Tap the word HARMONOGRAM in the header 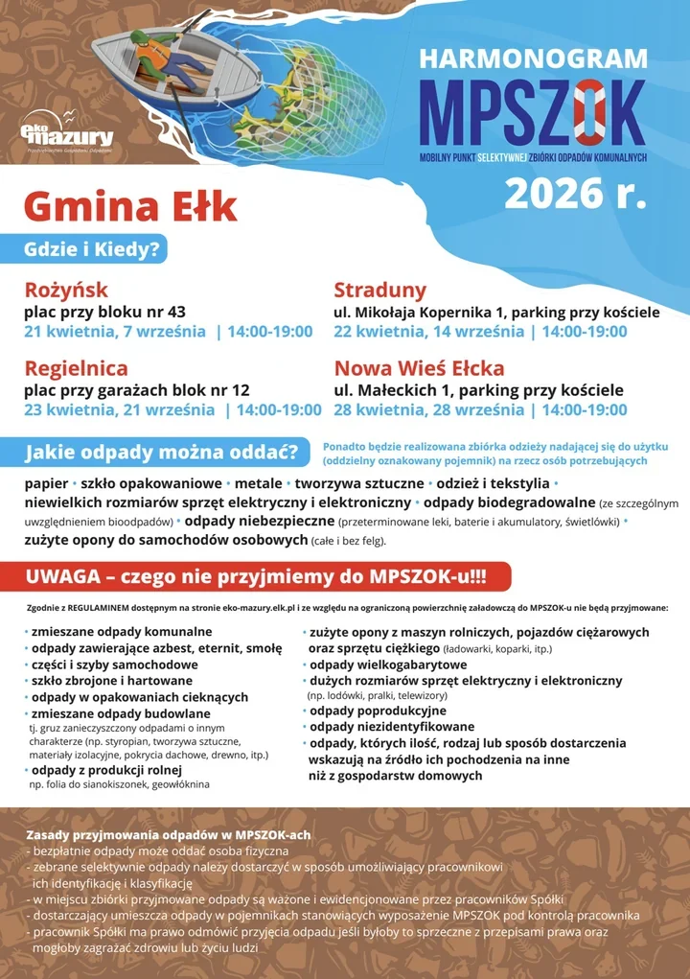click(534, 58)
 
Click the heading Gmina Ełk click(130, 206)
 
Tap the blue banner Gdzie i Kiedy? click(95, 249)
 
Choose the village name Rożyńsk click(66, 290)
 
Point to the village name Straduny click(380, 290)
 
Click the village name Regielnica click(76, 368)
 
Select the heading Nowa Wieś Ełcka click(419, 368)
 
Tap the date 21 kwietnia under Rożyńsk click(67, 332)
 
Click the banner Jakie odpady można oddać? click(161, 452)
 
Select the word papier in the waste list click(46, 482)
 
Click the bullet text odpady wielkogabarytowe click(388, 664)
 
